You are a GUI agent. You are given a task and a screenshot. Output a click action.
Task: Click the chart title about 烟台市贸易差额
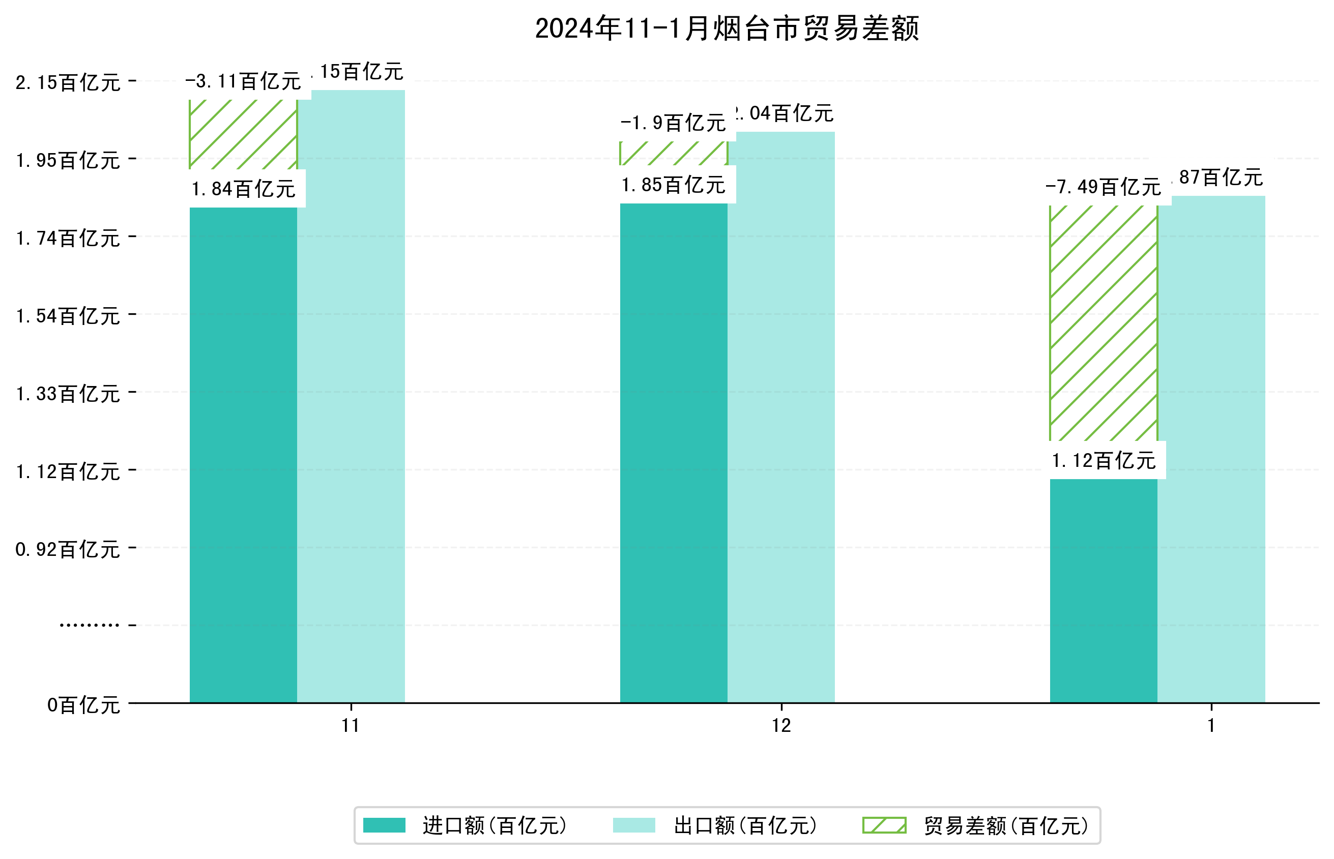tap(727, 28)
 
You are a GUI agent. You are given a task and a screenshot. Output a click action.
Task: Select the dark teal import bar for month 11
tap(243, 455)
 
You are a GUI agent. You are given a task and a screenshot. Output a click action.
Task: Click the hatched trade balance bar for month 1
tap(1103, 323)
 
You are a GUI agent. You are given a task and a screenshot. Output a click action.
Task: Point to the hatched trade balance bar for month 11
tap(243, 134)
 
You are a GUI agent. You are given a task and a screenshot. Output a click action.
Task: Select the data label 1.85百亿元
tap(674, 185)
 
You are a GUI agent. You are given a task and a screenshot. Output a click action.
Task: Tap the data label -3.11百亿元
tap(243, 82)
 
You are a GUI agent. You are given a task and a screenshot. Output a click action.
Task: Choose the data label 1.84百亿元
tap(243, 189)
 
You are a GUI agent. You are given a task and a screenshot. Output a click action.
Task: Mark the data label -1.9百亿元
tap(674, 123)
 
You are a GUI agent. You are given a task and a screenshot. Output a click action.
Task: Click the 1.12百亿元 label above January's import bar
tap(1103, 461)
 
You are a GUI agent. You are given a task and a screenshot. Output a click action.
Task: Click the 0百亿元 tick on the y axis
tap(83, 705)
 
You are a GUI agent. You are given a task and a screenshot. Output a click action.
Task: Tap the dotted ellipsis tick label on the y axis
tap(89, 625)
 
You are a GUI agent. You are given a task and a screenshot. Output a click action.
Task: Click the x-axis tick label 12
tap(781, 726)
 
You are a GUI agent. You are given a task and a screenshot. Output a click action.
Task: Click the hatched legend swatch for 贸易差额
tap(884, 825)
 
